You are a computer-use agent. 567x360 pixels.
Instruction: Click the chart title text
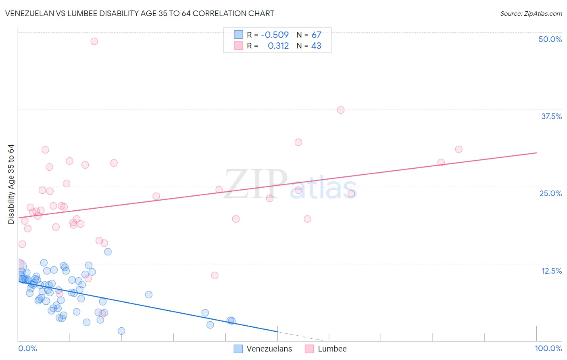[140, 13]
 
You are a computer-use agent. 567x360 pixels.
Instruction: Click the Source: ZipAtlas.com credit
[531, 13]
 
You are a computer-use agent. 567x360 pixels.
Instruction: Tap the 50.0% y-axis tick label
[550, 39]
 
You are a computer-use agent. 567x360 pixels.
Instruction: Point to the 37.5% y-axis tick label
[551, 116]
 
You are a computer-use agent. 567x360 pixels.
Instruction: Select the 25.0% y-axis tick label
[550, 193]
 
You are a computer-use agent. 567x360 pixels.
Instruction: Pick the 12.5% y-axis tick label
[551, 271]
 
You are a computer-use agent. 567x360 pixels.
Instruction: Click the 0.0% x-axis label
[27, 348]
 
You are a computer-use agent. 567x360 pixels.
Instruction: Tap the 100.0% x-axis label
[548, 348]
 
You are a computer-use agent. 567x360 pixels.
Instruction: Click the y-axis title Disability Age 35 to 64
[11, 184]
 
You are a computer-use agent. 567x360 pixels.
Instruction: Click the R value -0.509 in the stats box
[275, 35]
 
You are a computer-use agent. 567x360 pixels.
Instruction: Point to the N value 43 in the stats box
[316, 46]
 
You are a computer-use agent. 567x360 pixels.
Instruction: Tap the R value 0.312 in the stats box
[278, 46]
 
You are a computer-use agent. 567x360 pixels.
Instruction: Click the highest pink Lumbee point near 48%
[94, 41]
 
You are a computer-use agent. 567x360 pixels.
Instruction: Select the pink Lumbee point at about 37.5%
[341, 110]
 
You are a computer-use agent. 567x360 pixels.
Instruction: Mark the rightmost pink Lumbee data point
[459, 149]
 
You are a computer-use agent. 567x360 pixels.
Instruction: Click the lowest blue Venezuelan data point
[121, 331]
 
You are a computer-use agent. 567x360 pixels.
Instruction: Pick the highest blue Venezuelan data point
[108, 252]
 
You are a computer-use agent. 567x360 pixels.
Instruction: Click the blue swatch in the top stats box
[238, 35]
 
